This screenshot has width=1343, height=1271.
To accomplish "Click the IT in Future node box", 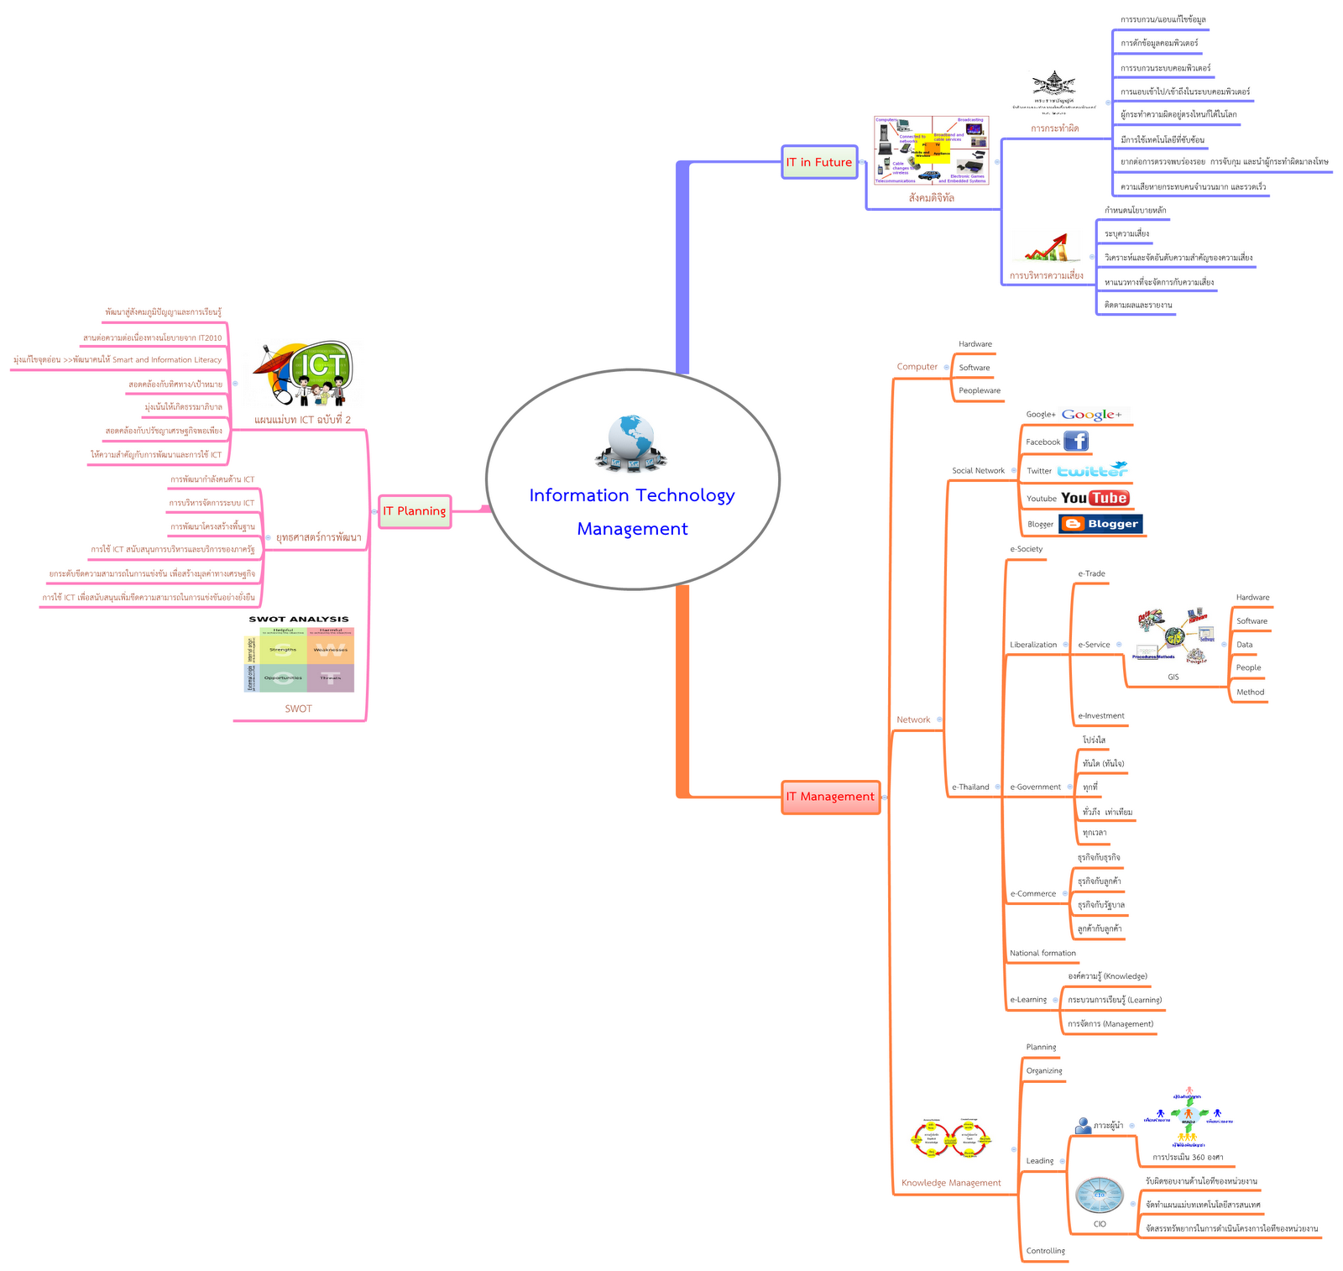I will click(818, 162).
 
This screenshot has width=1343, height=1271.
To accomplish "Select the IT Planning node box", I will click(415, 511).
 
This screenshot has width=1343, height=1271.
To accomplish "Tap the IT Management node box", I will click(830, 797).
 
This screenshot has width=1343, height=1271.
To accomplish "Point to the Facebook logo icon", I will click(1076, 442).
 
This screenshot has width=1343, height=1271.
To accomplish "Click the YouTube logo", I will click(1095, 498).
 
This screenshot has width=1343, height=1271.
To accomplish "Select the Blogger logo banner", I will click(1100, 524).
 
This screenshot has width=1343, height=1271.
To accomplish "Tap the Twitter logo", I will click(1092, 470).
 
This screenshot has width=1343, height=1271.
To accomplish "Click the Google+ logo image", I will click(1092, 414).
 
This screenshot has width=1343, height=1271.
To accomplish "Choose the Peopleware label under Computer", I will click(980, 390).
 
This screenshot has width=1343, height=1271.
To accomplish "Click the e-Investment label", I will click(1100, 716).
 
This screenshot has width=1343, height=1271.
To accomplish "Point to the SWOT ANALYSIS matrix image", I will click(299, 655).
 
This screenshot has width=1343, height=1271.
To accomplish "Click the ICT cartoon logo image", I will click(304, 374).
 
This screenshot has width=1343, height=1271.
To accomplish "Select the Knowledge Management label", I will click(951, 1183).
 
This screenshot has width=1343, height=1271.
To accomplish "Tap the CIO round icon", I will click(1100, 1195).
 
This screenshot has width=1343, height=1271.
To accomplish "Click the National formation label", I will click(1043, 953).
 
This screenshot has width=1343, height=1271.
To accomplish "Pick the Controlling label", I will click(1045, 1251).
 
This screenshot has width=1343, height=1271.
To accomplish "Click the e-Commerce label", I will click(1032, 893).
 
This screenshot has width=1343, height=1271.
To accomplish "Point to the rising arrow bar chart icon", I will click(1047, 248).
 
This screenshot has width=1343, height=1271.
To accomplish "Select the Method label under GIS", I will click(1250, 693).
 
